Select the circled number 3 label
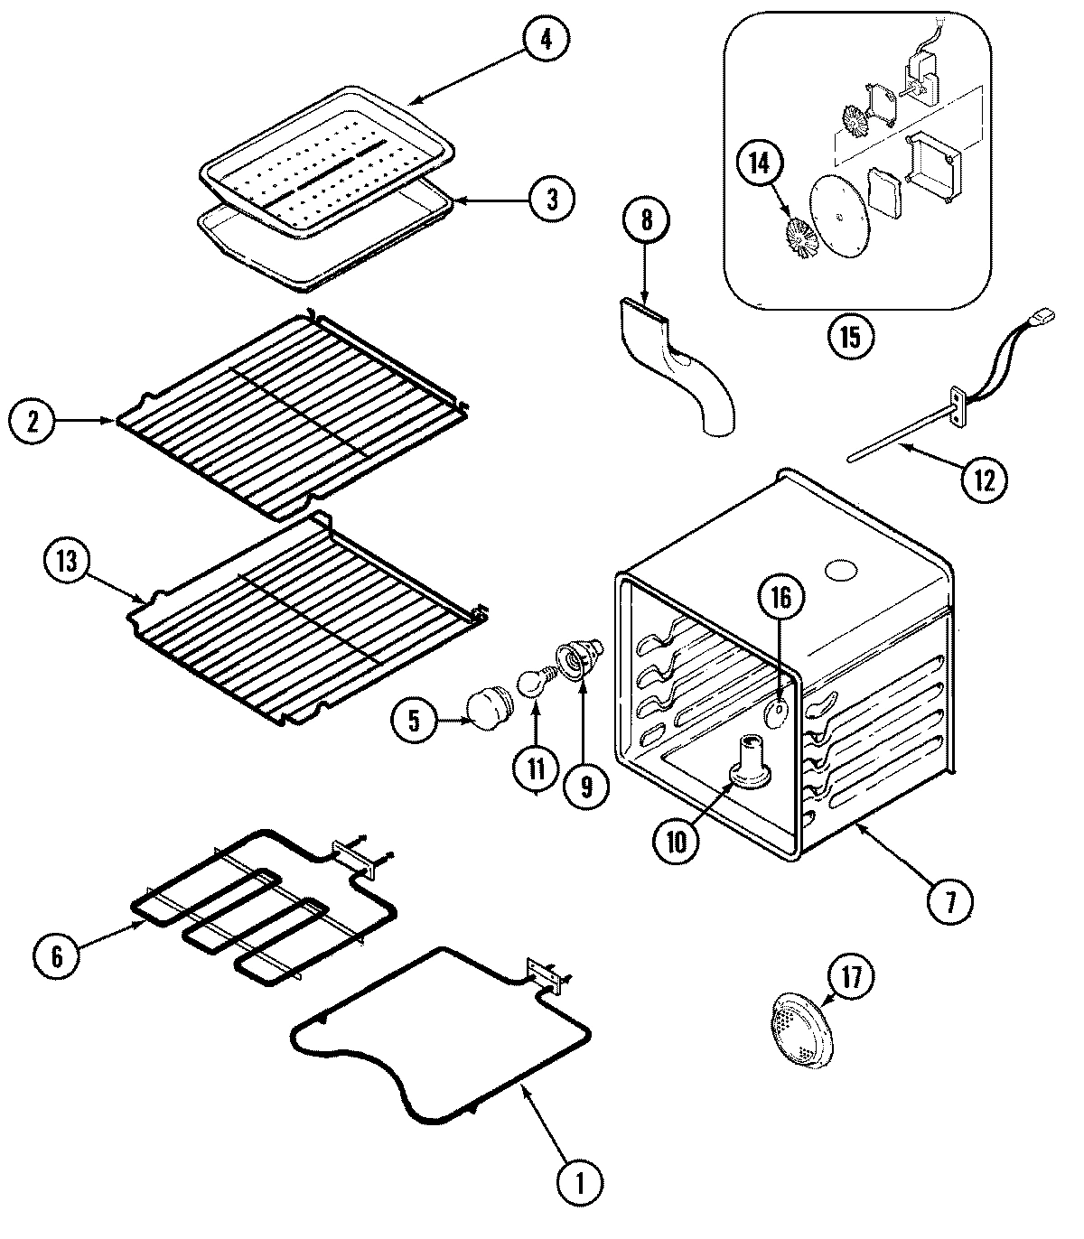(550, 199)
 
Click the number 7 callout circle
(946, 900)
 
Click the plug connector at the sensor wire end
(1047, 317)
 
